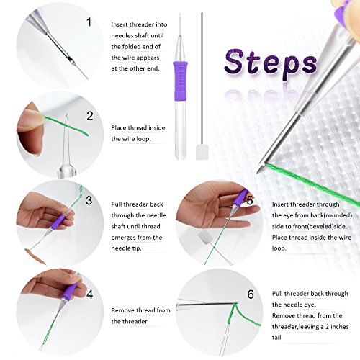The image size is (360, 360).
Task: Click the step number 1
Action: click(89, 22)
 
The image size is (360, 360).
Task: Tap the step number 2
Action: click(90, 116)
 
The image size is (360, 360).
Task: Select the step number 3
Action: click(89, 200)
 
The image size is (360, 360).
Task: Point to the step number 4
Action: click(89, 294)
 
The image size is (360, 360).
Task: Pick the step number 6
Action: click(251, 294)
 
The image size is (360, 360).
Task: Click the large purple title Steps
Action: click(271, 62)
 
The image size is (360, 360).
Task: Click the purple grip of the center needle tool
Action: click(179, 78)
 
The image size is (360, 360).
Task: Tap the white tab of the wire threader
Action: click(202, 152)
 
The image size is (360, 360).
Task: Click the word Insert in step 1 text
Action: click(120, 24)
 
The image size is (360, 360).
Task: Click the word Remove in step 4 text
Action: click(121, 310)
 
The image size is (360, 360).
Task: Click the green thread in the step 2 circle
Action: click(66, 125)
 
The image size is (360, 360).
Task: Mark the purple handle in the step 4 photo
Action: click(68, 292)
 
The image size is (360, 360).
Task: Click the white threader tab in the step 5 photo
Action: click(204, 238)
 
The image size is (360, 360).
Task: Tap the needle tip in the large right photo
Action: click(257, 173)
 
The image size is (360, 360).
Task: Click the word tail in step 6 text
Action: click(277, 338)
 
